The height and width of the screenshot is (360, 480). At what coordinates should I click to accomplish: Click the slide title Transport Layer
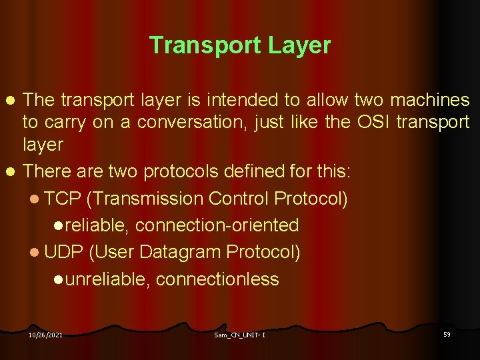(240, 45)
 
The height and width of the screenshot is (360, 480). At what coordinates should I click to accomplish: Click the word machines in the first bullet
(430, 101)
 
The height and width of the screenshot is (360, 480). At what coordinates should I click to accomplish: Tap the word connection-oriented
(217, 225)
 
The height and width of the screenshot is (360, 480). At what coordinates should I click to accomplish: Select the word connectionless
(217, 279)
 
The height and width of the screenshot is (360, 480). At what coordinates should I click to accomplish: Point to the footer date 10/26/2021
(45, 335)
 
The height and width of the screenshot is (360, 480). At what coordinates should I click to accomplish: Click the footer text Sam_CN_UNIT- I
(240, 335)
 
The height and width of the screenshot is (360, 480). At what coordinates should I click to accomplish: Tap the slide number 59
(447, 334)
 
